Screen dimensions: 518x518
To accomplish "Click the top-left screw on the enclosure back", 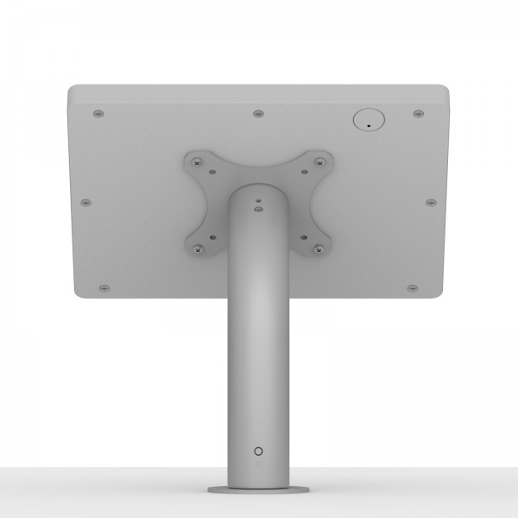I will pos(98,113).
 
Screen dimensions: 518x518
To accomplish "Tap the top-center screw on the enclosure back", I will pos(257,113).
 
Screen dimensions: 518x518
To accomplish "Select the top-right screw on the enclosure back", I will pos(418,113).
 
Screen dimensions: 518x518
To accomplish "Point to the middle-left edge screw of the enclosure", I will pos(85,202).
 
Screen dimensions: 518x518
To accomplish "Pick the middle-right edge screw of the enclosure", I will pos(431,202).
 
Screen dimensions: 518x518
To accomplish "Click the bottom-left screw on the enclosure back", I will pos(104,286).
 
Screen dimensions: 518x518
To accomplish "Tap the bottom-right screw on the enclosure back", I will pos(412,286).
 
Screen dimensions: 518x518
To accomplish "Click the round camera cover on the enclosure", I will pos(367,119).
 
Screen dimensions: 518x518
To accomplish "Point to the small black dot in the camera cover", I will pos(369,126).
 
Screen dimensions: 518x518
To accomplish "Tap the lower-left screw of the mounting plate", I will pos(199,249).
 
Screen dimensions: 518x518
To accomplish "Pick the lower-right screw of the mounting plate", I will pos(318,249).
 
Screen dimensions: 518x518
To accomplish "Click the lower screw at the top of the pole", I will pos(258,208).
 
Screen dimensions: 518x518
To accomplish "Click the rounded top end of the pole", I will pos(258,189).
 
